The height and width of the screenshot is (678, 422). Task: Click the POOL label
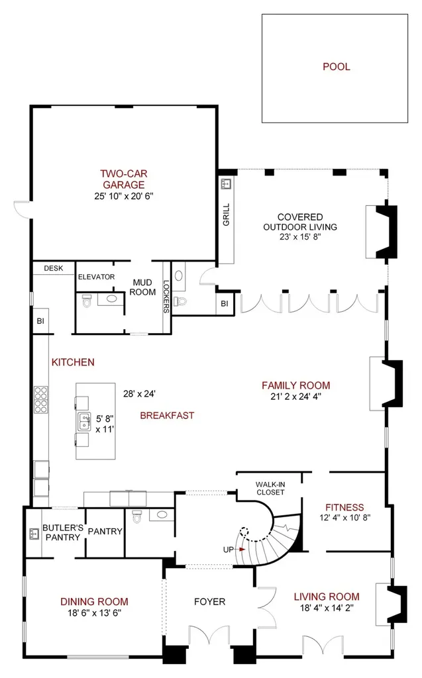[337, 67]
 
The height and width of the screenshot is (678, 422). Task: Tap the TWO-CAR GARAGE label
[124, 179]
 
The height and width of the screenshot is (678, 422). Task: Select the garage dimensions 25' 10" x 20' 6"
[124, 196]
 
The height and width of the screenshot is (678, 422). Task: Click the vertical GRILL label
[226, 214]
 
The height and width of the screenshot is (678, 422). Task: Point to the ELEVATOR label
[97, 277]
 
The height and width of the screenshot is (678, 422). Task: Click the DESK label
[54, 268]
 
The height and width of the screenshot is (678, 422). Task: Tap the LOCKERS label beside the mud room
[166, 296]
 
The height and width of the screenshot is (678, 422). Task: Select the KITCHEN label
[73, 362]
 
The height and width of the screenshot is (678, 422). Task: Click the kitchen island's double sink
[84, 422]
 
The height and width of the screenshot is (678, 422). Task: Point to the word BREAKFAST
[167, 415]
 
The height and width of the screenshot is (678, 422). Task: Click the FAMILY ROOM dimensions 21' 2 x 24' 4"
[296, 397]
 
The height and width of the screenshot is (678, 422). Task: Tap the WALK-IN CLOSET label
[270, 489]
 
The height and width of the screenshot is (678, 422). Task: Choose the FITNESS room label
[344, 507]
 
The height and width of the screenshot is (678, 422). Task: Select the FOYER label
[210, 601]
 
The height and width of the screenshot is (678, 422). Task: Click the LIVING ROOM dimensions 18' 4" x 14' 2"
[327, 608]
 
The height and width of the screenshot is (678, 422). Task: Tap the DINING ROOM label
[94, 601]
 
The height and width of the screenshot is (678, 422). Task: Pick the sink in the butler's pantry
[34, 534]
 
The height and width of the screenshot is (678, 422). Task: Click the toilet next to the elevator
[87, 301]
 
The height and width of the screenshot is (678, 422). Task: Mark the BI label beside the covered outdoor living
[224, 303]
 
